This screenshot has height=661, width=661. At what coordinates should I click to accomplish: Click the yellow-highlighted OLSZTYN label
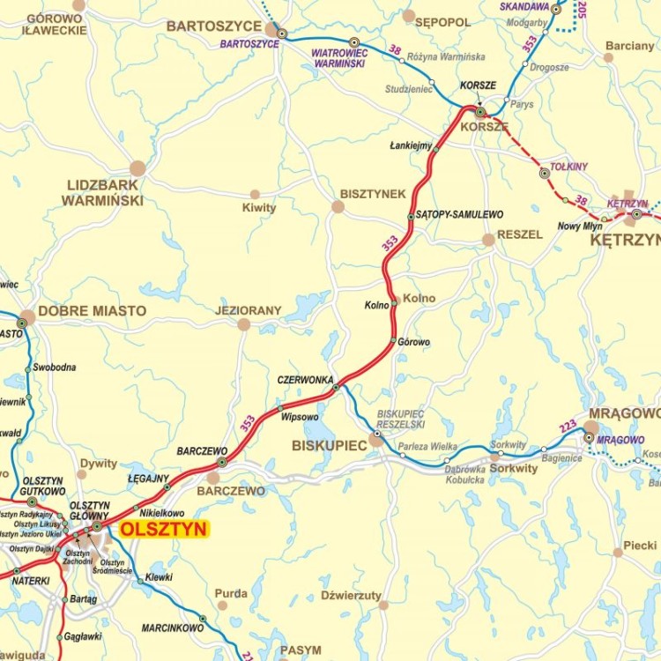pyautogui.click(x=163, y=529)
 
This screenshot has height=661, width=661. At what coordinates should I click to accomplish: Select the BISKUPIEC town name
pyautogui.click(x=329, y=446)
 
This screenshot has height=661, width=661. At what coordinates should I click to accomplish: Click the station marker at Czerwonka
pyautogui.click(x=336, y=387)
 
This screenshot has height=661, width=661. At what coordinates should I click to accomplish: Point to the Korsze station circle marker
pyautogui.click(x=479, y=112)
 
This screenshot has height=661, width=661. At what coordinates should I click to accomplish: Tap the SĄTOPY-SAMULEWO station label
pyautogui.click(x=459, y=214)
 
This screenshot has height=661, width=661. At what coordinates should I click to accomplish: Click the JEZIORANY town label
pyautogui.click(x=248, y=310)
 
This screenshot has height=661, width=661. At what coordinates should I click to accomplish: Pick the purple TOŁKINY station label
pyautogui.click(x=568, y=166)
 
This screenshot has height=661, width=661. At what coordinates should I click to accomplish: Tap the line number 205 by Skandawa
pyautogui.click(x=582, y=10)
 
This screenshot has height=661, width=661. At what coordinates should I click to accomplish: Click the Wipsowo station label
pyautogui.click(x=300, y=417)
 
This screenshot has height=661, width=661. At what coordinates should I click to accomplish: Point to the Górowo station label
pyautogui.click(x=413, y=342)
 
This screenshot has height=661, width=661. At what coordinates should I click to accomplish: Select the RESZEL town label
pyautogui.click(x=520, y=234)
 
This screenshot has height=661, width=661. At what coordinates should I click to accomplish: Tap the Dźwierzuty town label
pyautogui.click(x=351, y=595)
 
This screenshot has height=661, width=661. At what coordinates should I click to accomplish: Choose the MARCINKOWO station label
pyautogui.click(x=173, y=628)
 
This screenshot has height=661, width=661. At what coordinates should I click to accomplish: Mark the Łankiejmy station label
pyautogui.click(x=411, y=145)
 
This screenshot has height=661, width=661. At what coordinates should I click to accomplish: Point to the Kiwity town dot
pyautogui.click(x=255, y=195)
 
